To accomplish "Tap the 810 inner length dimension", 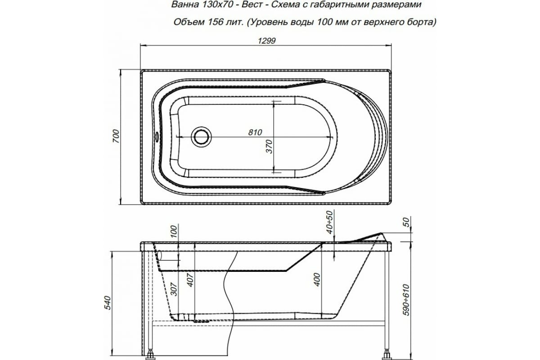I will [x=255, y=131].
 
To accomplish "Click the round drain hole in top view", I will [x=201, y=136].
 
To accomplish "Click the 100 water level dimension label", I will [x=174, y=232].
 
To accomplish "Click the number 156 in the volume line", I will [x=219, y=22].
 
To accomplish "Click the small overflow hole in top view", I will [x=156, y=135].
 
